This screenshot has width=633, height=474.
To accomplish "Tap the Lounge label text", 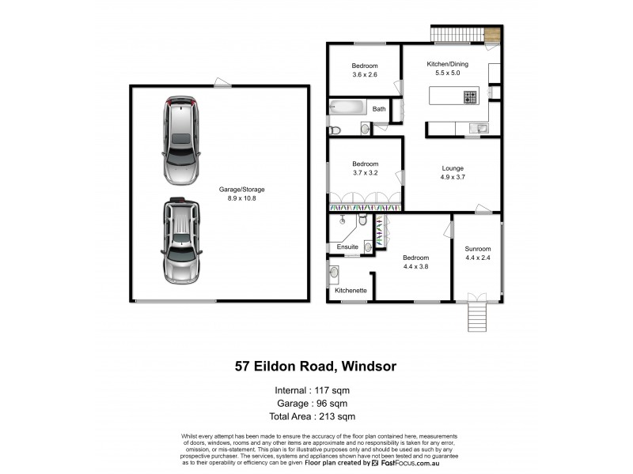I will (453, 172).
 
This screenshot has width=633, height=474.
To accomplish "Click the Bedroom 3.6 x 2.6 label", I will (365, 70).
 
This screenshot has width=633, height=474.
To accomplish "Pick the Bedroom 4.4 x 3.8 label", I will (415, 262).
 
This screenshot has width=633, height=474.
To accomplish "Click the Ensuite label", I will (348, 247).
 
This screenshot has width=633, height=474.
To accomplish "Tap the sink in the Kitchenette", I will (334, 273).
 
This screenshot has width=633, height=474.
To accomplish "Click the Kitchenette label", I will (351, 291).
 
